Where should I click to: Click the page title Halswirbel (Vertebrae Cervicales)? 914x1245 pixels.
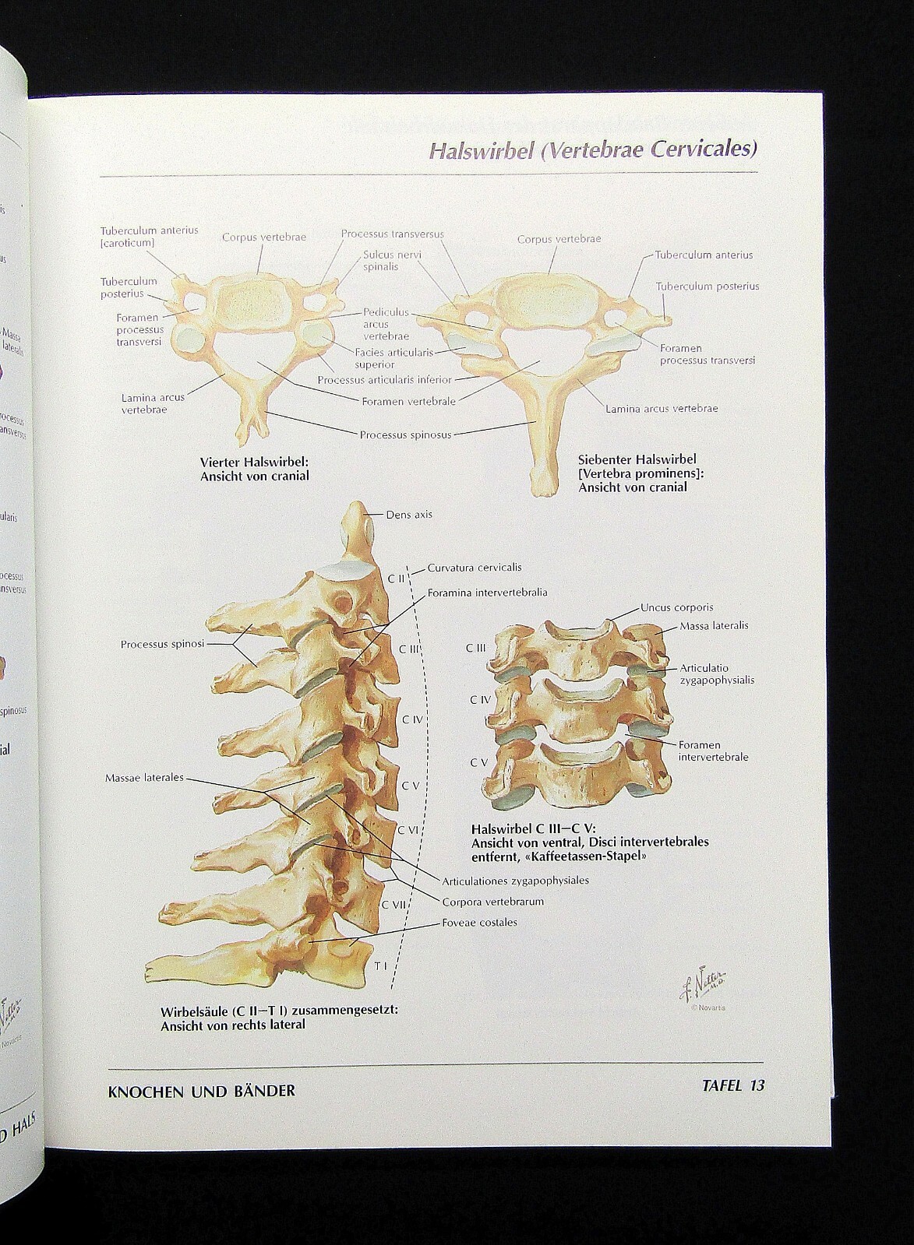tap(593, 149)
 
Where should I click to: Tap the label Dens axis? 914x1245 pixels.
tap(408, 515)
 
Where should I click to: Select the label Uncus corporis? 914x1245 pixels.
tap(676, 607)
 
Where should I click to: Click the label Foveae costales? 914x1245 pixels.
tap(479, 923)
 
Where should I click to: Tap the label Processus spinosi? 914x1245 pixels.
tap(162, 644)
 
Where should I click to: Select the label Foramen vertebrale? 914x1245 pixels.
tap(409, 402)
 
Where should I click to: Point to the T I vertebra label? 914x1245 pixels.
tap(380, 966)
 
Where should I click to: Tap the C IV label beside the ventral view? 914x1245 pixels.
tap(480, 700)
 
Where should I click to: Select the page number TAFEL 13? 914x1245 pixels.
tap(733, 1085)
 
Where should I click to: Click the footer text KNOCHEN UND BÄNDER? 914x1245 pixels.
tap(202, 1091)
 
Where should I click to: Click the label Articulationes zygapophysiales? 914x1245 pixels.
tap(515, 881)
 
